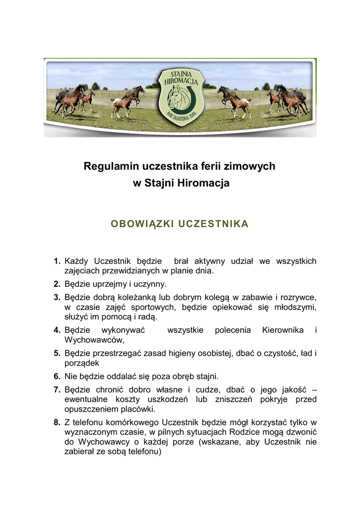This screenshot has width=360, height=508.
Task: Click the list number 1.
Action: [57, 261]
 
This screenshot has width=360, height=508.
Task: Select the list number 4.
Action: [57, 330]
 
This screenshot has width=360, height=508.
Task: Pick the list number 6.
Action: [57, 376]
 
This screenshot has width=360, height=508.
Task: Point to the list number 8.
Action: [57, 423]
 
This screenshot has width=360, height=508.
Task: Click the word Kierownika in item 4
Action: [283, 330]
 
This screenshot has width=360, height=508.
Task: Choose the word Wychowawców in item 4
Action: [93, 340]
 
